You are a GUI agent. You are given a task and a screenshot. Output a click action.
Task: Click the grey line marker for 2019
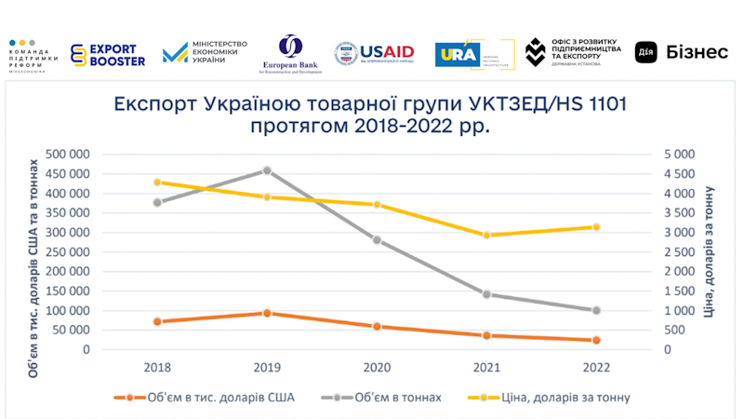point(267,170)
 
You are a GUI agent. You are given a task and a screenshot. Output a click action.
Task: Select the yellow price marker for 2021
point(486,235)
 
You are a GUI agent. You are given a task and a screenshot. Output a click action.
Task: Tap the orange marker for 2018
point(158,321)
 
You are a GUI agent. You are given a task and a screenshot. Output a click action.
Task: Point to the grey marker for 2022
point(596,310)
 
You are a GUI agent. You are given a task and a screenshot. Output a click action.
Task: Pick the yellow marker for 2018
point(158,182)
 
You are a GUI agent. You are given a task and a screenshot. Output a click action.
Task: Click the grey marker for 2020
point(377,239)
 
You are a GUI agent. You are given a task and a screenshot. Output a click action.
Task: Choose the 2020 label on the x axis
point(377,368)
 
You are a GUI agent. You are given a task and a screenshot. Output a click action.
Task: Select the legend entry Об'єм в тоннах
point(392,398)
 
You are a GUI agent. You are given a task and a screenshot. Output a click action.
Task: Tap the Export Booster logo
point(110,55)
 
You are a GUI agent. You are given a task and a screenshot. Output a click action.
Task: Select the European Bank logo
point(290,54)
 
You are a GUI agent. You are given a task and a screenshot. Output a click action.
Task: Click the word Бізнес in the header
point(697,53)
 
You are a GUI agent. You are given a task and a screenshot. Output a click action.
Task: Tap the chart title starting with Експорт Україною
point(370,115)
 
